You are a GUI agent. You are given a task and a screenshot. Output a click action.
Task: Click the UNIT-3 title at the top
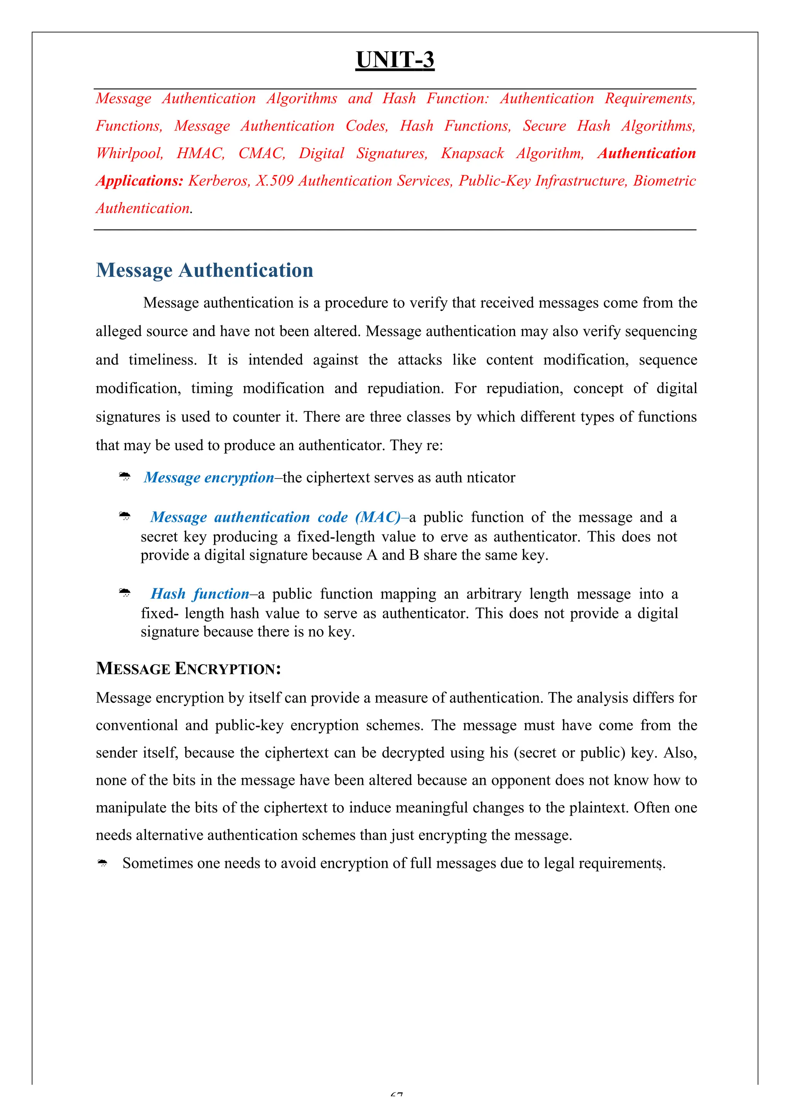point(395,61)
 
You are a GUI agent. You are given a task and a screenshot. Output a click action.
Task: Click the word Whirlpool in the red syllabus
point(129,153)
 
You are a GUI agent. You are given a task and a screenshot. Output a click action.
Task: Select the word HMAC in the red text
point(200,153)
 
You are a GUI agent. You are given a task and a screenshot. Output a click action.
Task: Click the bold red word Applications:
point(139,181)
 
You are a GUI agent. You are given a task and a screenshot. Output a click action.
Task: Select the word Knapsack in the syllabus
point(472,153)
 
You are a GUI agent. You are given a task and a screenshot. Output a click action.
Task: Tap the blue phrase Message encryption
point(209,478)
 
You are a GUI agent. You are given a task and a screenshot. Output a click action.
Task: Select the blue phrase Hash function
point(200,594)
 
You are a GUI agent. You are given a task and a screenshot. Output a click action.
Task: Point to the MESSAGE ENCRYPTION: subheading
point(188,668)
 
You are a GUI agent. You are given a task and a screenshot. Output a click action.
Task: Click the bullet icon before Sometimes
point(102,863)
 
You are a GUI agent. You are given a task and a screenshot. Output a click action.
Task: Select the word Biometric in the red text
point(664,181)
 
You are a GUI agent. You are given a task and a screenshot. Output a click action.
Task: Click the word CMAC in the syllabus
point(261,153)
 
